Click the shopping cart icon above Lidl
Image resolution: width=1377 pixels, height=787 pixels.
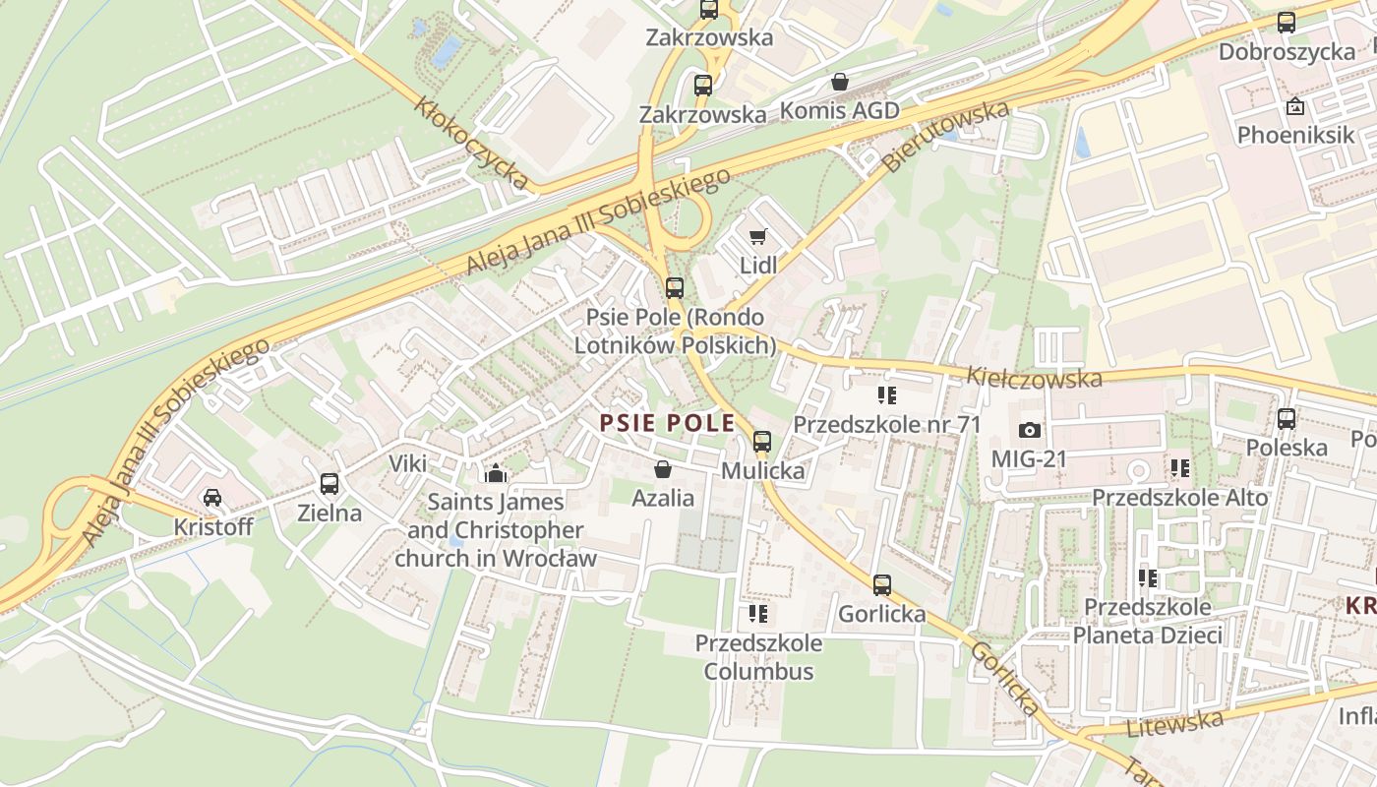coord(757,236)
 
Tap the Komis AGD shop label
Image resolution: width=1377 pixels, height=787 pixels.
coord(839,110)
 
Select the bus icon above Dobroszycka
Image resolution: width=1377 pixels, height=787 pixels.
coord(1286,23)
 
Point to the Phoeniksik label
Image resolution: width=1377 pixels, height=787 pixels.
coord(1295,135)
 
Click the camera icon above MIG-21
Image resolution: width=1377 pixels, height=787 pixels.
coord(1029,431)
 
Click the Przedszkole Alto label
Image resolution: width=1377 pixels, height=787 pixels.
coord(1180,498)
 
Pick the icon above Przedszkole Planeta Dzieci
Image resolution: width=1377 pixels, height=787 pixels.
coord(1147,578)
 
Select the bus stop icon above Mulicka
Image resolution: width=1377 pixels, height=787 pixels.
coord(762,442)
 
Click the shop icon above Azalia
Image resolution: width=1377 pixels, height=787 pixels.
coord(663,469)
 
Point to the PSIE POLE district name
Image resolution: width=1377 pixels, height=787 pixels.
coord(668,423)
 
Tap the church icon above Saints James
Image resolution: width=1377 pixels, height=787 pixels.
coord(496,473)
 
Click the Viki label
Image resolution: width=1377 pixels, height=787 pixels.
coord(408,463)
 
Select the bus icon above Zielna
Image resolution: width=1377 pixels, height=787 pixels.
coord(329,484)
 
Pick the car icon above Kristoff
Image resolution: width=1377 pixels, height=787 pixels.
coord(212,498)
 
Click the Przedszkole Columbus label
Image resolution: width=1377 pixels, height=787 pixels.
coord(758,657)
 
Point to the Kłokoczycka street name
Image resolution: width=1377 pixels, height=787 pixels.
coord(472,144)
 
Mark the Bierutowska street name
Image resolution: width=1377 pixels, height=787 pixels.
coord(946,137)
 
